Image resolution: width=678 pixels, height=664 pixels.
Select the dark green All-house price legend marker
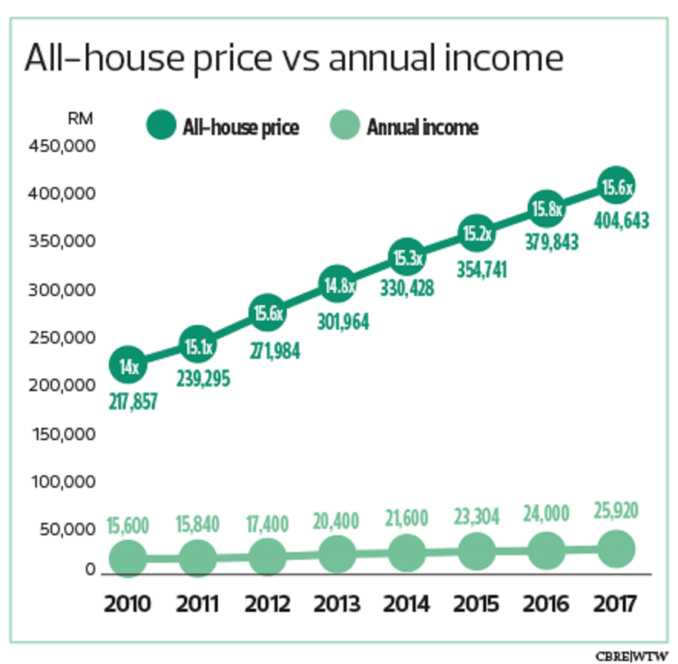(x=161, y=126)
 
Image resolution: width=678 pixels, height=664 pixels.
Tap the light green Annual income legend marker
(x=345, y=126)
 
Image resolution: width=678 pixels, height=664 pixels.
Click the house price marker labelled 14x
(x=128, y=366)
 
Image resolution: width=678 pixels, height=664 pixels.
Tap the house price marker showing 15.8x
(x=545, y=208)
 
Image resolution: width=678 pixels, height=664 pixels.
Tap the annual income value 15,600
(x=127, y=525)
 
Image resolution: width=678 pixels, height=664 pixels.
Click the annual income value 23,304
(x=476, y=517)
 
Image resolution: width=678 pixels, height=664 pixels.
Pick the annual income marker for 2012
(x=266, y=555)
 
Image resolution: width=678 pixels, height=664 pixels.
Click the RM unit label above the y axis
(x=81, y=120)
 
